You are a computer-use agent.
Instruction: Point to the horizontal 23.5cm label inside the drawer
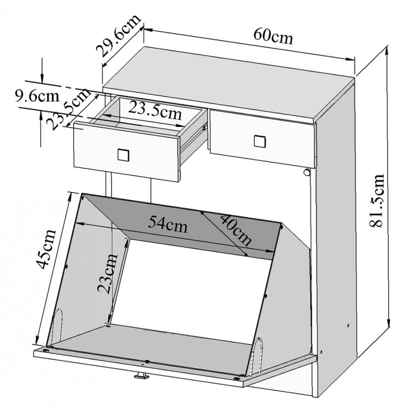pos(155,110)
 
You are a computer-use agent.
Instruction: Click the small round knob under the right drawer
pos(306,172)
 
